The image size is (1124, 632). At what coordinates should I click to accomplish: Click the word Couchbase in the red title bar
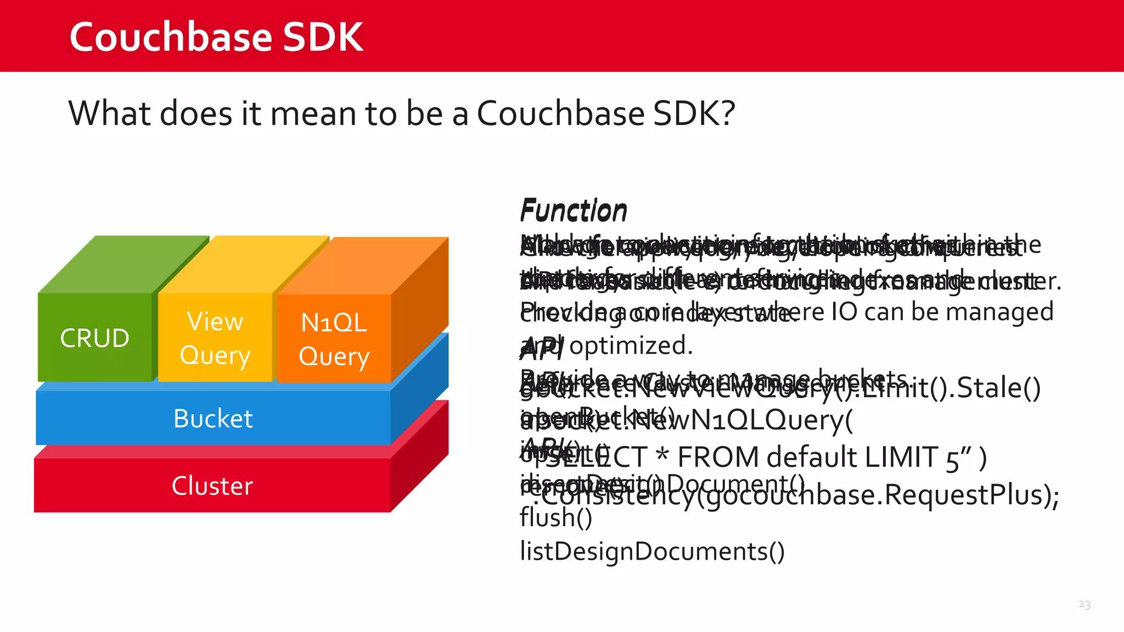[x=171, y=37]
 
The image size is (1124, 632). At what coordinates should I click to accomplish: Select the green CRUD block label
[x=94, y=338]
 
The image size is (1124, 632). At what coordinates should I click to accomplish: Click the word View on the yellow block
[x=215, y=321]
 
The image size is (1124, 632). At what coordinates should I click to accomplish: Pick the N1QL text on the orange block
[x=334, y=323]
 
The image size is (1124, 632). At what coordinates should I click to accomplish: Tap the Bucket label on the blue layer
[x=213, y=419]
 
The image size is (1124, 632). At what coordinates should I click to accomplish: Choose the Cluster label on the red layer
[x=212, y=486]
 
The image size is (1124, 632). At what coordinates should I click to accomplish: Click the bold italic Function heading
[x=573, y=211]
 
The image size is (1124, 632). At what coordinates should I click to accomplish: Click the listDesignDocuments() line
[x=652, y=551]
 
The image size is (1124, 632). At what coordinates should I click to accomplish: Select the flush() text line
[x=555, y=517]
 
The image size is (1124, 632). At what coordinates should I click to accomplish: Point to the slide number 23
[x=1084, y=605]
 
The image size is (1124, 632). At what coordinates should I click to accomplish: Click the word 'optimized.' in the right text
[x=631, y=346]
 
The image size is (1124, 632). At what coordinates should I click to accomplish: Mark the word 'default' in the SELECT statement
[x=812, y=458]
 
